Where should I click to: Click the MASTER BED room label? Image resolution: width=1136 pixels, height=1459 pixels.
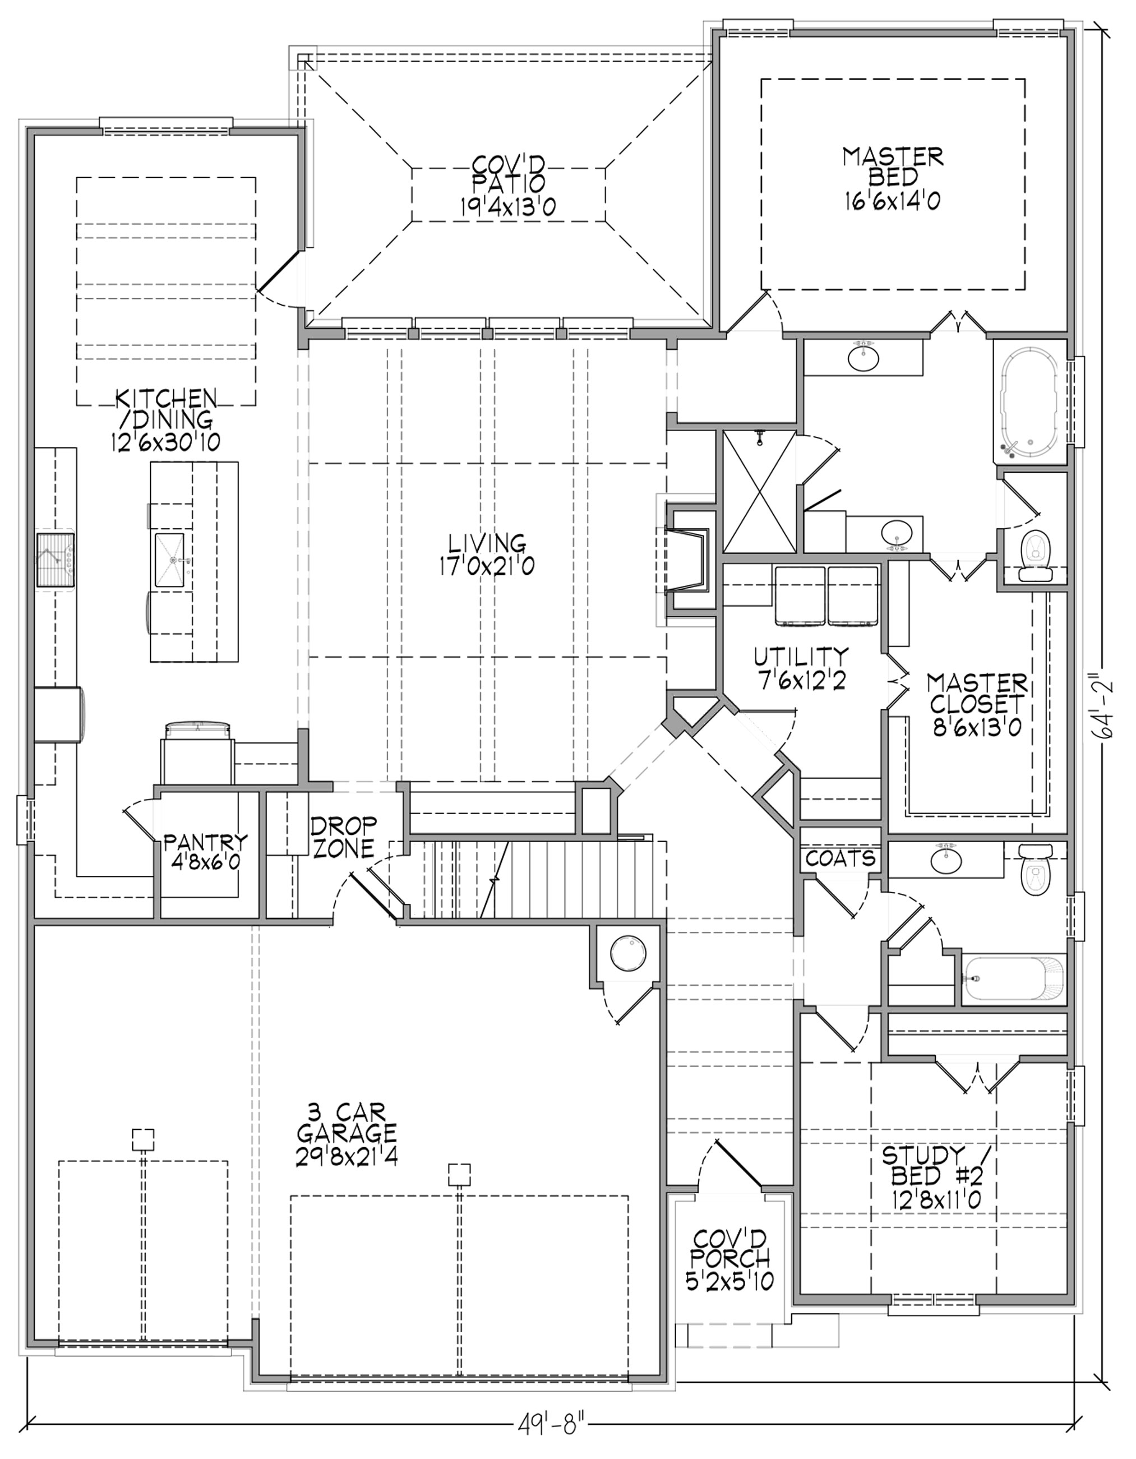892,178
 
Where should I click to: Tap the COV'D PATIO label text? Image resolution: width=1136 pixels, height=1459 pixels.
507,186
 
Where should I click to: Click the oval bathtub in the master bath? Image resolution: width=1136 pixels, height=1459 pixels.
1029,405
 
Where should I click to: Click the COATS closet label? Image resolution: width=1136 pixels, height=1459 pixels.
840,858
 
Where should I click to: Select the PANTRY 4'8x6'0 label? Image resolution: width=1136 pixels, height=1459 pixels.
206,851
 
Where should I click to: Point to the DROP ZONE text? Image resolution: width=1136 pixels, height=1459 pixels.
343,837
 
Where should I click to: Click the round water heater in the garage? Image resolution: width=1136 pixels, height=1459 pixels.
629,953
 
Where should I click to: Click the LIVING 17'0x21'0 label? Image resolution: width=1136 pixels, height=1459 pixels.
486,555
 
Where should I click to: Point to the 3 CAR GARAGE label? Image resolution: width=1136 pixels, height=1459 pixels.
347,1135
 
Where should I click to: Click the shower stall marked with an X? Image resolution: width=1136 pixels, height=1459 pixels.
760,492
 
